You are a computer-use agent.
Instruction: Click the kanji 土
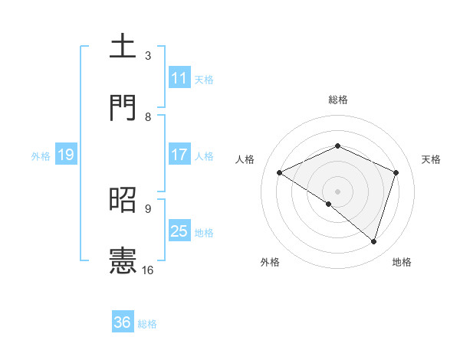pyautogui.click(x=123, y=47)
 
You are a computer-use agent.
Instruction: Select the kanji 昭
pyautogui.click(x=123, y=200)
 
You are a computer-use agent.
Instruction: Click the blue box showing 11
pyautogui.click(x=179, y=78)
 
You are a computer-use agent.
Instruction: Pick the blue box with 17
pyautogui.click(x=179, y=155)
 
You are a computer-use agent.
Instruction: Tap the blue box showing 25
pyautogui.click(x=179, y=231)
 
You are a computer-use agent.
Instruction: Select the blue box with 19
pyautogui.click(x=66, y=155)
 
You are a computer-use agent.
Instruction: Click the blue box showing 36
pyautogui.click(x=123, y=323)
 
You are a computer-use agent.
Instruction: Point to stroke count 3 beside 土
pyautogui.click(x=148, y=56)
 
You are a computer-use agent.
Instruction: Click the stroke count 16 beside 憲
pyautogui.click(x=148, y=270)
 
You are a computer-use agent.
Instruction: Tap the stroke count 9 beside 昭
pyautogui.click(x=148, y=208)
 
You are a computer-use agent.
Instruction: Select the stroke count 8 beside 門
pyautogui.click(x=148, y=116)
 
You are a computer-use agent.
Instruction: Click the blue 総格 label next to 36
pyautogui.click(x=147, y=324)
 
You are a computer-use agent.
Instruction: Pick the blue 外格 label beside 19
pyautogui.click(x=41, y=156)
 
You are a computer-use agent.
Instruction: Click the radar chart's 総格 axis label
pyautogui.click(x=337, y=100)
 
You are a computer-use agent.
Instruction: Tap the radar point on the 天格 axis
pyautogui.click(x=396, y=172)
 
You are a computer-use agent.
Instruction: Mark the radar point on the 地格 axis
pyautogui.click(x=373, y=241)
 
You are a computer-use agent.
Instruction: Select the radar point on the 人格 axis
pyautogui.click(x=280, y=172)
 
